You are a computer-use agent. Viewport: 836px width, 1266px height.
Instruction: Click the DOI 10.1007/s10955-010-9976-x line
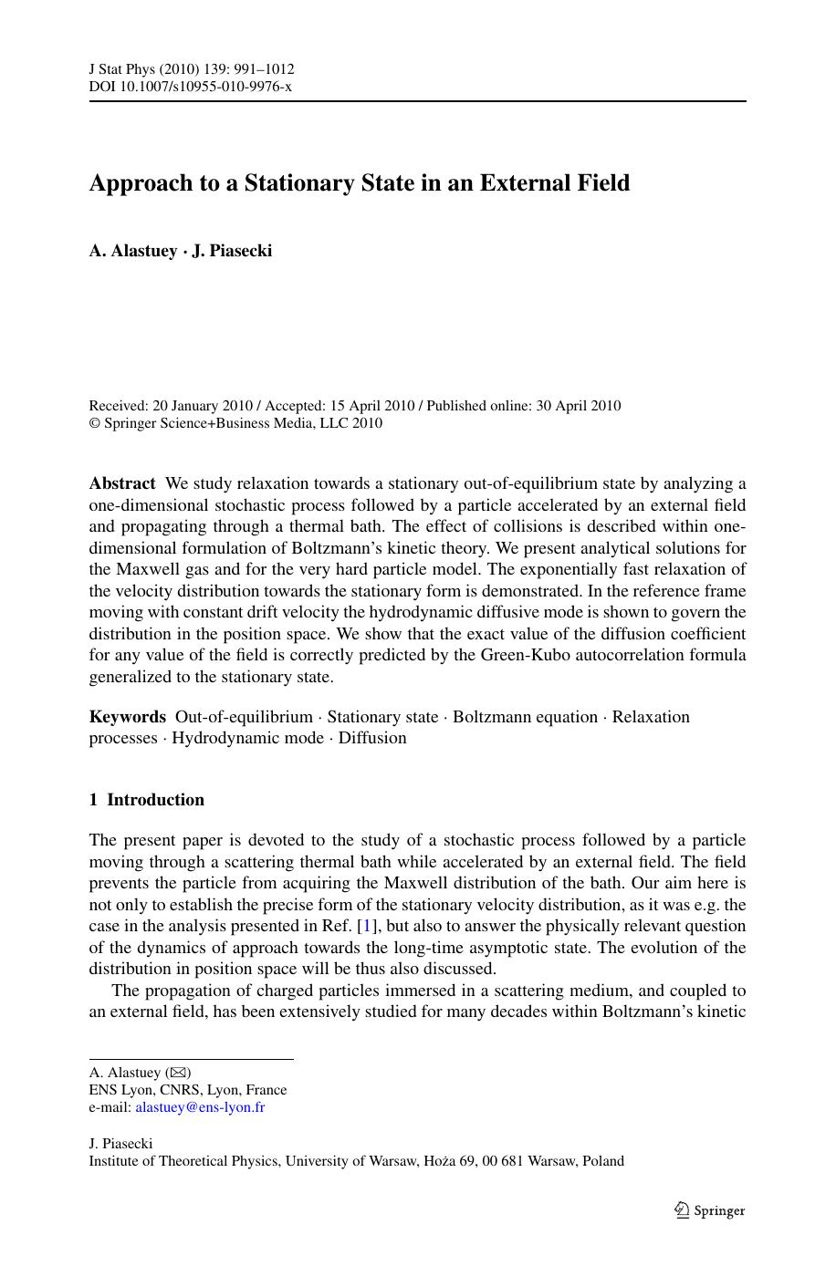[x=190, y=87]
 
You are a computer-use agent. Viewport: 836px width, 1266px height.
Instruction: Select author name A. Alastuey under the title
[x=132, y=251]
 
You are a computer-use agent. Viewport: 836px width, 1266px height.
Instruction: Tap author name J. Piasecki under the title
[x=232, y=251]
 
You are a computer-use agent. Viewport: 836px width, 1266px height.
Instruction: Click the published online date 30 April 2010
[x=578, y=406]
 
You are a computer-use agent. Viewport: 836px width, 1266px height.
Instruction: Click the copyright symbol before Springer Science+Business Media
[x=94, y=424]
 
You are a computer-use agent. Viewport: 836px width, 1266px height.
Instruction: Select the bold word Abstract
[x=122, y=483]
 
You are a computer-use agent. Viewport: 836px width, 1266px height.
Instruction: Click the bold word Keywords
[x=127, y=717]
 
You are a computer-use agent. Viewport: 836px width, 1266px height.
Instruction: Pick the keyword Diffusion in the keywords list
[x=372, y=738]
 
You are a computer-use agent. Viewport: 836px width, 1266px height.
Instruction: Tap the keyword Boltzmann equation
[x=525, y=717]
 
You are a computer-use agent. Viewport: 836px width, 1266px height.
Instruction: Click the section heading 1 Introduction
[x=146, y=800]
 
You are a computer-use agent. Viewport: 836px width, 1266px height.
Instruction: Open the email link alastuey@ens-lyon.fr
[x=200, y=1107]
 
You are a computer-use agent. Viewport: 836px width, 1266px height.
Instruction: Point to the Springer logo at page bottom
[x=709, y=1210]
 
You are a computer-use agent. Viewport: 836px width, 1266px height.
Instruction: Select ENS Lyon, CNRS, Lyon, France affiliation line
[x=187, y=1090]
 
